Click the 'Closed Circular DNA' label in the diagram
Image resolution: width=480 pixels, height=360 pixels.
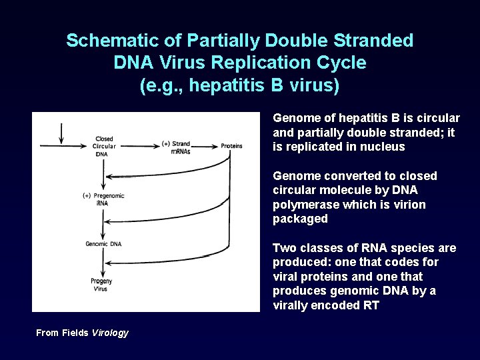tap(105, 146)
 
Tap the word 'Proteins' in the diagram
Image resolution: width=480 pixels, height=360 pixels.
tap(231, 145)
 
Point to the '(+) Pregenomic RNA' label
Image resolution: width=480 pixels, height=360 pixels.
tap(103, 199)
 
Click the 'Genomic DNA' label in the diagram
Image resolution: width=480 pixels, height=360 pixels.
tap(103, 244)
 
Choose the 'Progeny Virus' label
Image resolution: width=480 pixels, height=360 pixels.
tap(101, 285)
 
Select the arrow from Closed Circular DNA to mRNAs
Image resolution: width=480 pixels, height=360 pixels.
tap(138, 145)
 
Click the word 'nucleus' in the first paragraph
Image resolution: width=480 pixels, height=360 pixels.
tap(384, 147)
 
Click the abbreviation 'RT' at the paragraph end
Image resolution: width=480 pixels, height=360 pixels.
tap(371, 305)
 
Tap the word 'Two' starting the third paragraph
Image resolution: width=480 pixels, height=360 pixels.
tap(283, 248)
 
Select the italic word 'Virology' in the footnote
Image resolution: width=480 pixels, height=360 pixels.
tap(110, 333)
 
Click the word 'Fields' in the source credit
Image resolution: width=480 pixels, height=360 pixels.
tap(74, 333)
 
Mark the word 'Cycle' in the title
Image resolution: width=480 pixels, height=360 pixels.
tap(341, 63)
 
